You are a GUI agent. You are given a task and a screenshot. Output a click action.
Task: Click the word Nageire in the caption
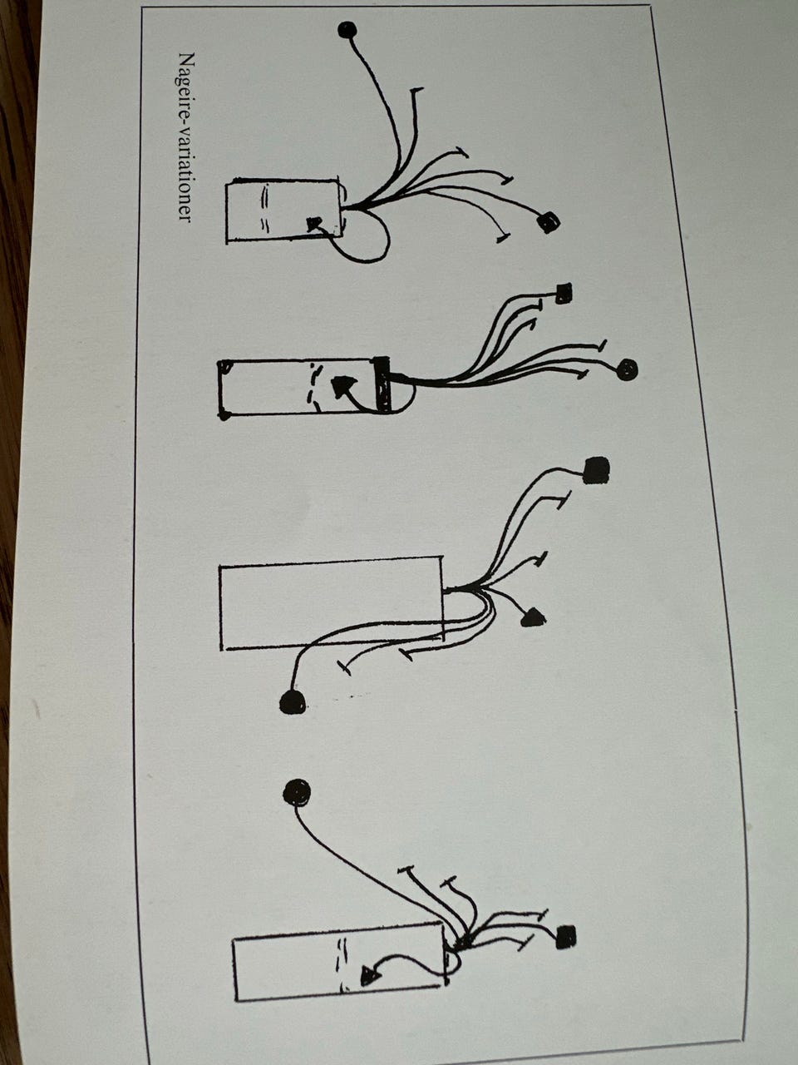[x=186, y=83]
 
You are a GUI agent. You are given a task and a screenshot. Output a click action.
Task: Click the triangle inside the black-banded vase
[x=342, y=386]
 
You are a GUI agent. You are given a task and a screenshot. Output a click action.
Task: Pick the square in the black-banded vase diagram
[x=563, y=293]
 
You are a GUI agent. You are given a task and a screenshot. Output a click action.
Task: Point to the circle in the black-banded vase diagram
[x=628, y=369]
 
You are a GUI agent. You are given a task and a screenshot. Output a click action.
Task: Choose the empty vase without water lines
[x=332, y=602]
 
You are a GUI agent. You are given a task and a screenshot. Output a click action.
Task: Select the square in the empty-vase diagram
[x=596, y=470]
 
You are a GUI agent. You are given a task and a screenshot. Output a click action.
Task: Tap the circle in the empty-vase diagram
[x=293, y=701]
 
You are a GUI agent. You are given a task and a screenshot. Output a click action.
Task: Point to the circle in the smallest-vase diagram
[x=347, y=30]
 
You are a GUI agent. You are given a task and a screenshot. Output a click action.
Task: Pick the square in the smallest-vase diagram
[x=549, y=223]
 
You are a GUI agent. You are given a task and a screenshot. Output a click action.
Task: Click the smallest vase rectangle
[x=284, y=211]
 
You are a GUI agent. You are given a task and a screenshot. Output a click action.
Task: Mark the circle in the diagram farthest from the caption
[x=297, y=793]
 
